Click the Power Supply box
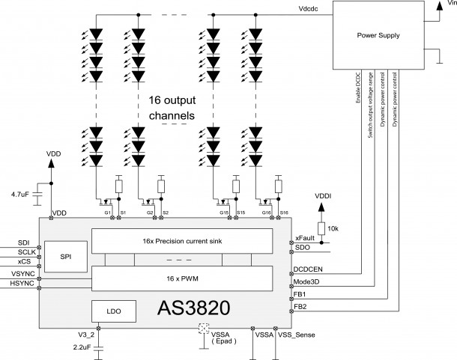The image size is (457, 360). tap(379, 34)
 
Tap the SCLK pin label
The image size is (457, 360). tap(19, 252)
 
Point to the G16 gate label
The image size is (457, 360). tap(266, 214)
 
